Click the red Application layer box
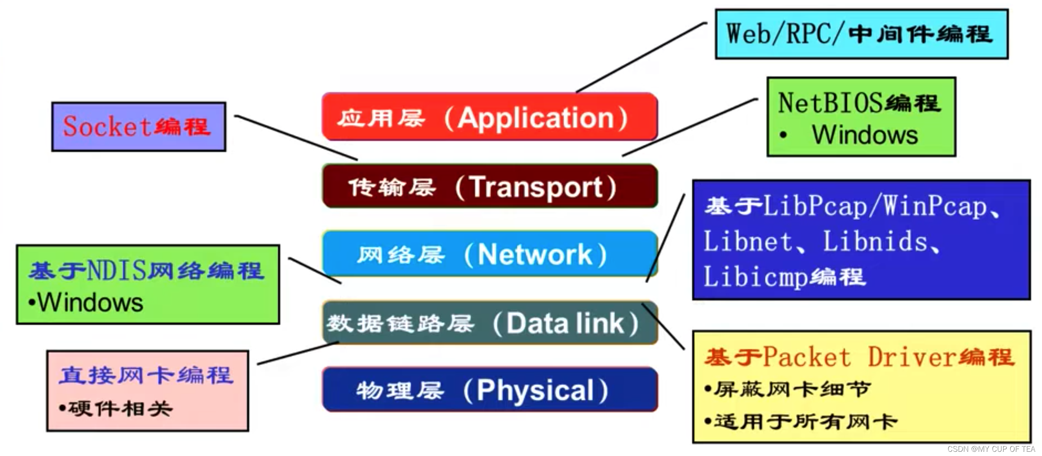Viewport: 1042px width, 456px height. [x=489, y=117]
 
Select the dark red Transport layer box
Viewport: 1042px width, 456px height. [x=489, y=186]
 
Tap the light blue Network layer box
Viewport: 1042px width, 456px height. [x=489, y=254]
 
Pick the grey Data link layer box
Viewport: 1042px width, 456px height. [x=489, y=323]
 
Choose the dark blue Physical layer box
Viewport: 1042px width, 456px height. [x=489, y=390]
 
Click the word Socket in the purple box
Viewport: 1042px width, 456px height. [x=107, y=126]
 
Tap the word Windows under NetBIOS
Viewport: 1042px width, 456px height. [x=865, y=135]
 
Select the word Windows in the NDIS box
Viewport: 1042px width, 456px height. [x=90, y=303]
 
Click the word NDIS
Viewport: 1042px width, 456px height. [x=116, y=270]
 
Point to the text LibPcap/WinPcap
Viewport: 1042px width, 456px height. [x=875, y=207]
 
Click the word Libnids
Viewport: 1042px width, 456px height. [x=875, y=242]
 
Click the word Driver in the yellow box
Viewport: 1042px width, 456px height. [x=911, y=357]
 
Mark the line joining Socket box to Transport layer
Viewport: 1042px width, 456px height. [x=295, y=137]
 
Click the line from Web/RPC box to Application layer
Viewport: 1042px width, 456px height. [x=641, y=57]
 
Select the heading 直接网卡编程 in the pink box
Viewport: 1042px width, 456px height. [x=146, y=375]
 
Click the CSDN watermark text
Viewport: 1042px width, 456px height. [x=991, y=449]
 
